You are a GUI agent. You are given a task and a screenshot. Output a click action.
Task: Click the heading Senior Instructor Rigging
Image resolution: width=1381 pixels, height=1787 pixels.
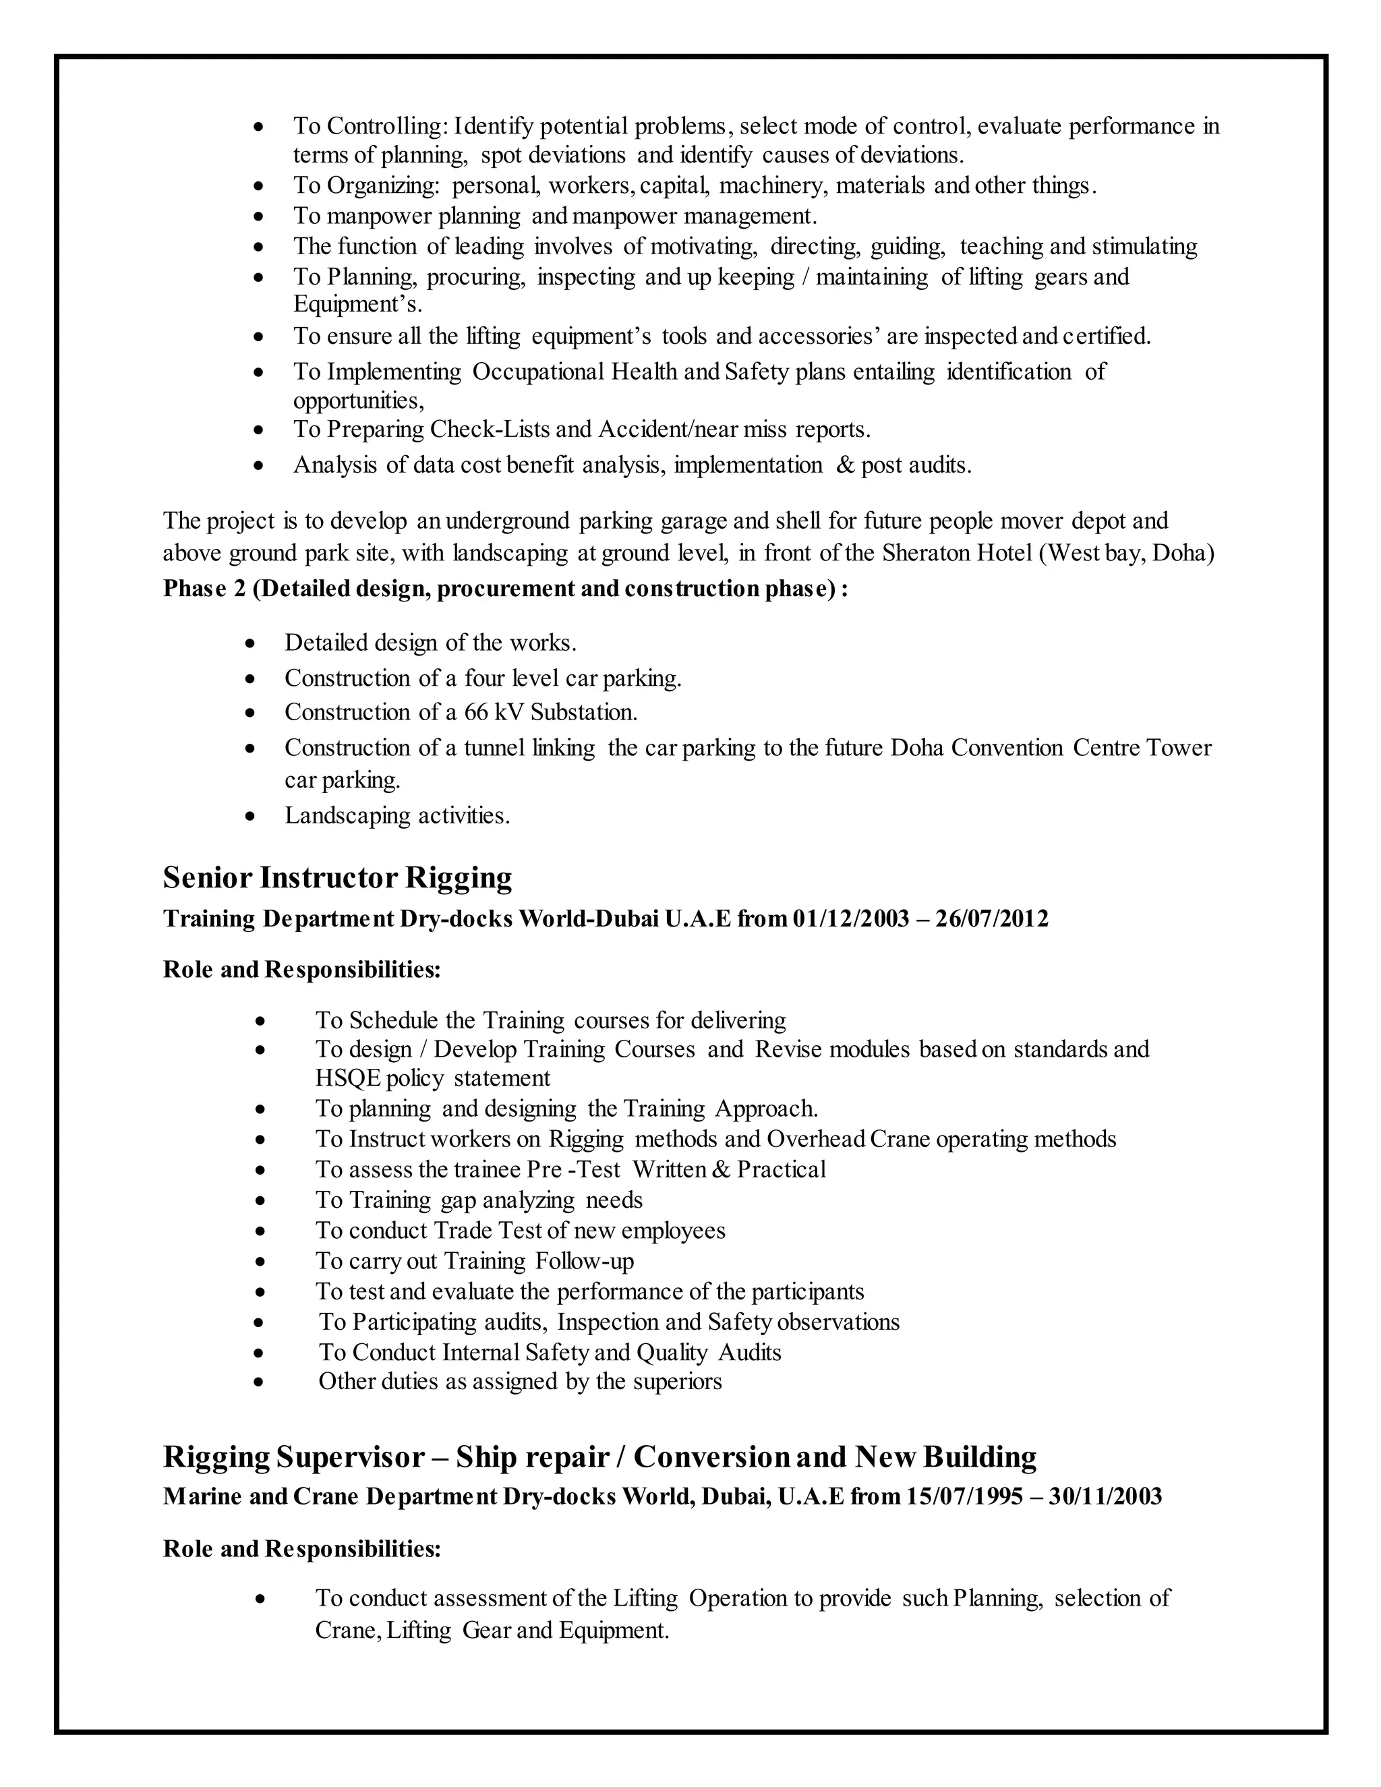(337, 878)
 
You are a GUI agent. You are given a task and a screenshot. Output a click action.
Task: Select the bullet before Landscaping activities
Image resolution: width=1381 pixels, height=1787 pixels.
(251, 817)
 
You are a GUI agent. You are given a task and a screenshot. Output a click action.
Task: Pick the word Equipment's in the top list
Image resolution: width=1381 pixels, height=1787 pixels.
(357, 305)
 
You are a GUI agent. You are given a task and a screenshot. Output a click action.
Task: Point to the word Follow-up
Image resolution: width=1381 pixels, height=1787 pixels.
(584, 1261)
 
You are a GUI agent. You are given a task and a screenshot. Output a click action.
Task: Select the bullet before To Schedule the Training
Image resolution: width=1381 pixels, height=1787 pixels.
(260, 1022)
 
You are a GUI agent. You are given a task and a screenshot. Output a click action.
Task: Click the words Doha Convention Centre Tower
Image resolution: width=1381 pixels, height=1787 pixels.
(1051, 748)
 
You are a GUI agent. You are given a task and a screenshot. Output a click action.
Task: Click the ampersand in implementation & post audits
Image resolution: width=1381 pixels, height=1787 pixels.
(844, 465)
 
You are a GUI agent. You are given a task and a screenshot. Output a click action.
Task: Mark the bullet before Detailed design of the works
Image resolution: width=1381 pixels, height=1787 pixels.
(251, 644)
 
